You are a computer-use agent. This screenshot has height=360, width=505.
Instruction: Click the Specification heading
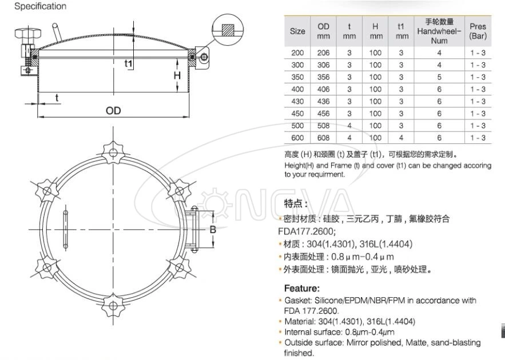pyautogui.click(x=40, y=6)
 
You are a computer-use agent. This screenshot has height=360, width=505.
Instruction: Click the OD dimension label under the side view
pyautogui.click(x=113, y=110)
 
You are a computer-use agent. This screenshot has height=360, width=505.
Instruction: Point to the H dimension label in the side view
pyautogui.click(x=177, y=75)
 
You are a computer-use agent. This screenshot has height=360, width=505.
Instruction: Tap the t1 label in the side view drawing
pyautogui.click(x=129, y=63)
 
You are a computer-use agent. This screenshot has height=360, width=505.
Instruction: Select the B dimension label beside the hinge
pyautogui.click(x=212, y=230)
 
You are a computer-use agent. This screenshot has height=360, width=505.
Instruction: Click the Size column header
pyautogui.click(x=297, y=31)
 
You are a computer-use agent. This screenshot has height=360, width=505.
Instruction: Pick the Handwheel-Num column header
pyautogui.click(x=439, y=31)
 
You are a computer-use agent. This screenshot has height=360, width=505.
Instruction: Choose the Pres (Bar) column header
pyautogui.click(x=478, y=31)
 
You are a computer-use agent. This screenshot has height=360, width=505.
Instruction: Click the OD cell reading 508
pyautogui.click(x=324, y=126)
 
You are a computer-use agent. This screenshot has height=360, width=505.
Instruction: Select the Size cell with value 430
pyautogui.click(x=297, y=101)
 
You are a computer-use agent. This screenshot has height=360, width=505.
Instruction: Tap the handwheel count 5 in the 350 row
pyautogui.click(x=439, y=77)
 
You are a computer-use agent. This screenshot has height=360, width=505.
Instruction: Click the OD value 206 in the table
pyautogui.click(x=324, y=53)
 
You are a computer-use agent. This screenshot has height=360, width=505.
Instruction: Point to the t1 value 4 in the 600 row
pyautogui.click(x=401, y=138)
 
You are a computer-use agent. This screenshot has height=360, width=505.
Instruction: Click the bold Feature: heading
pyautogui.click(x=302, y=288)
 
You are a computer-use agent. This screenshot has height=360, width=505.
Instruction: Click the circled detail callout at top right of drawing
pyautogui.click(x=228, y=27)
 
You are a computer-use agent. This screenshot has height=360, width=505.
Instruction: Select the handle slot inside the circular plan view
pyautogui.click(x=66, y=227)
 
